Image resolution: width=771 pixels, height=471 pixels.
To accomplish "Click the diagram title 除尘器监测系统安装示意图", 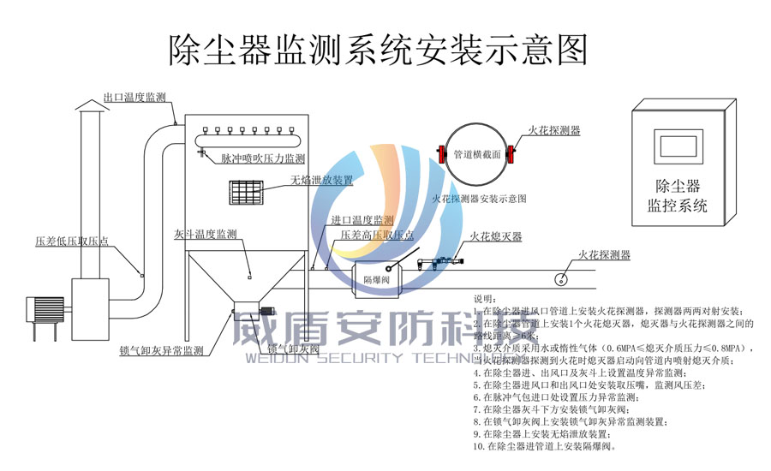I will (378, 50).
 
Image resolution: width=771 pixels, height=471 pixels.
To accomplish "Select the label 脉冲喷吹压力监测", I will (263, 159).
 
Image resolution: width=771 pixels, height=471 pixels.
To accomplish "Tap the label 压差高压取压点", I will (378, 235).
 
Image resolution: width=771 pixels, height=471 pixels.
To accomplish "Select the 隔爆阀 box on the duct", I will (378, 279).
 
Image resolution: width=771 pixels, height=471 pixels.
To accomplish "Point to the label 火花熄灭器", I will (496, 236).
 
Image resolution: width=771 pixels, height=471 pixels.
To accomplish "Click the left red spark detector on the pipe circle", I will (442, 155).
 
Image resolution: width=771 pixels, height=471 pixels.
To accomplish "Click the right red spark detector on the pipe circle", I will (512, 155).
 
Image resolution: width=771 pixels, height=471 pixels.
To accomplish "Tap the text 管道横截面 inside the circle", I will (477, 155).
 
